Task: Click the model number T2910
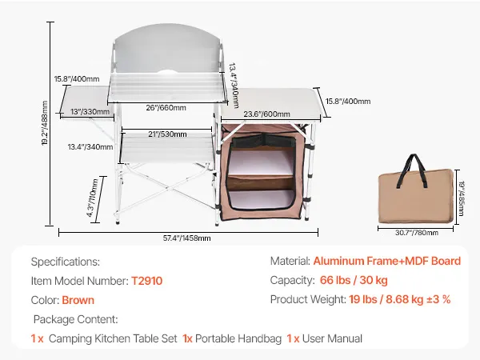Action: click(x=146, y=281)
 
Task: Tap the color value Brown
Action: click(x=78, y=300)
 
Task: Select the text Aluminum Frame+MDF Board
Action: click(x=387, y=261)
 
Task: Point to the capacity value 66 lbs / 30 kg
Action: click(x=354, y=280)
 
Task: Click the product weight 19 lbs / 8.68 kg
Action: click(x=386, y=299)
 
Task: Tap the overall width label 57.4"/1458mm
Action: click(x=186, y=238)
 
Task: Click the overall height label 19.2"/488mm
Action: click(x=45, y=123)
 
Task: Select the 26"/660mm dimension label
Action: click(x=166, y=108)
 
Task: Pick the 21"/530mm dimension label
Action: click(x=167, y=134)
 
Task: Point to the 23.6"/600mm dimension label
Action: click(x=266, y=114)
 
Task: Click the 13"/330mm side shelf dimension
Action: click(x=90, y=112)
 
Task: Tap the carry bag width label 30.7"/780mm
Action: click(x=417, y=233)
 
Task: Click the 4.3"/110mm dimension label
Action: click(x=93, y=198)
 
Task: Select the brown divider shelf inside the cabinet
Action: click(x=259, y=183)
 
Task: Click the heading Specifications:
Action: click(x=66, y=262)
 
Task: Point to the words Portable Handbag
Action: click(x=238, y=338)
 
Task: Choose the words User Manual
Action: click(x=332, y=338)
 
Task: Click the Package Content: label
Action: click(x=76, y=319)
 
